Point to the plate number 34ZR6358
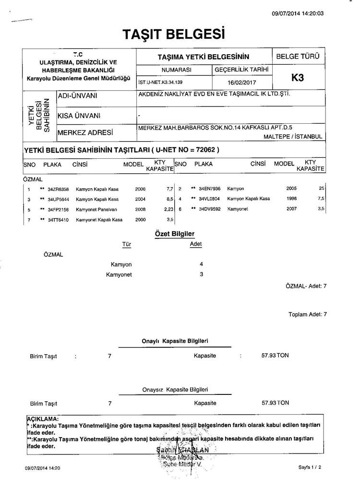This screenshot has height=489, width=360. point(59,189)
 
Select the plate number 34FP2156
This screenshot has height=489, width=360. point(59,210)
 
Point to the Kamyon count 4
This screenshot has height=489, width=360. point(202,264)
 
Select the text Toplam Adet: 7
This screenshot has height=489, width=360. point(307,315)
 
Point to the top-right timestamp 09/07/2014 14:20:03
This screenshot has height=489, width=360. point(297,13)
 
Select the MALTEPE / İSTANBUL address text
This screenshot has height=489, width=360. point(293,137)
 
